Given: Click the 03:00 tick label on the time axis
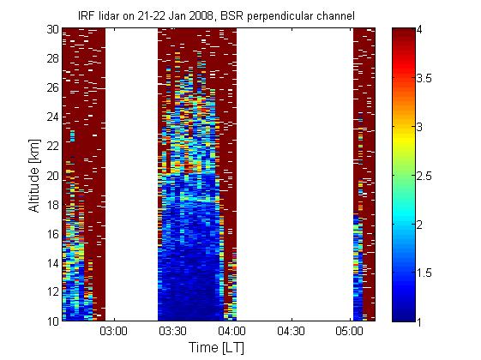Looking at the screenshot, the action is [113, 331].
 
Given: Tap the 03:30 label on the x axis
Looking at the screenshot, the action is [172, 331].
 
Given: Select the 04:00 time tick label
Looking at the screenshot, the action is [231, 331].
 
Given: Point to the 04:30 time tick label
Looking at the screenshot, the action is [291, 331].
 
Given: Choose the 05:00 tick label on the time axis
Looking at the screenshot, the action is [350, 331].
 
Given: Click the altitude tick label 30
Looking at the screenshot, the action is [52, 29].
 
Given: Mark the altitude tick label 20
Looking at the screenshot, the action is [52, 176].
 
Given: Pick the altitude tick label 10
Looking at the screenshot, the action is [52, 321].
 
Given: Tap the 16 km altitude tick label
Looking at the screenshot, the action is [52, 234].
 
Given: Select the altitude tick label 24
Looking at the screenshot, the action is [52, 117].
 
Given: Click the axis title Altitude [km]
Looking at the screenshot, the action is [34, 176].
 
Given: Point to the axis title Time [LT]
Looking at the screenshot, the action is [217, 348].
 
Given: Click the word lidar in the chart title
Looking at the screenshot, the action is [109, 15].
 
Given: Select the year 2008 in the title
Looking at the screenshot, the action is [201, 15].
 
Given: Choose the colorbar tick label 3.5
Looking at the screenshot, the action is [424, 78].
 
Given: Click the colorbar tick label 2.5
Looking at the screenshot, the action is [424, 176].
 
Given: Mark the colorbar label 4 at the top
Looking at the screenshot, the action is [419, 30].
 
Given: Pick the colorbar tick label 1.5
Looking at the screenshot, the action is [424, 273].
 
